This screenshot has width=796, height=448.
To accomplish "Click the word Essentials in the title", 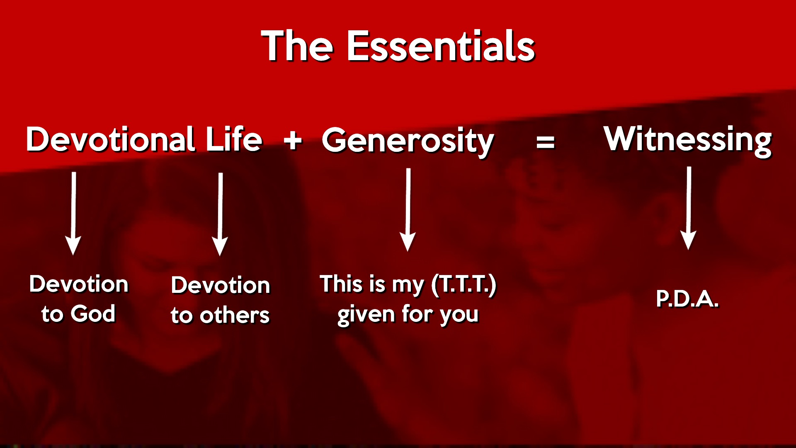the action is (x=441, y=46).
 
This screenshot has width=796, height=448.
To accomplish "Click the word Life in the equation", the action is (x=234, y=139).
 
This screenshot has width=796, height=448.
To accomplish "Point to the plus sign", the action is (x=293, y=140).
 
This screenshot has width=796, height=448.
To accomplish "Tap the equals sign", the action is (x=546, y=142).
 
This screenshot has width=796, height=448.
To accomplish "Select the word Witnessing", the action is (x=687, y=141).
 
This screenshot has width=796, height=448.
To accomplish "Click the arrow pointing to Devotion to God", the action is (x=73, y=214).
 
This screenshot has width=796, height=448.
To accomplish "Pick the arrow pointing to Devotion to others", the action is (x=220, y=214).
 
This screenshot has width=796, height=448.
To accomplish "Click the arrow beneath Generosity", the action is (x=408, y=209).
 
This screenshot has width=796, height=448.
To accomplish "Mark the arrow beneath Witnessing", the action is (x=689, y=208).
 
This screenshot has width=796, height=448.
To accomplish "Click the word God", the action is (x=93, y=314).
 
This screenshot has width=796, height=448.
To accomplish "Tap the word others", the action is (x=235, y=315).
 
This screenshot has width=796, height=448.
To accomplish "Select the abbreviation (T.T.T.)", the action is (x=464, y=285).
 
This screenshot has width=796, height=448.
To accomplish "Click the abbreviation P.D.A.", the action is (x=687, y=299).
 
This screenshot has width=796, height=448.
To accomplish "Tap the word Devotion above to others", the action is (x=221, y=285).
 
